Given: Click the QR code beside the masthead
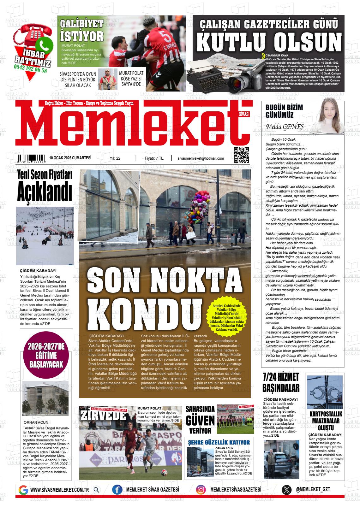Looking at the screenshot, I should pyautogui.click(x=241, y=155).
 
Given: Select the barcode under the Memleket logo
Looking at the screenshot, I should pyautogui.click(x=31, y=158).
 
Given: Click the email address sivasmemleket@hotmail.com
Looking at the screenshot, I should pyautogui.click(x=201, y=158).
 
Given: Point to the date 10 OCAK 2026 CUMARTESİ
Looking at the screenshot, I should pyautogui.click(x=70, y=158).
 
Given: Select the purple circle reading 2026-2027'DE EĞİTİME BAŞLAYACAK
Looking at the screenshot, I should pyautogui.click(x=46, y=355).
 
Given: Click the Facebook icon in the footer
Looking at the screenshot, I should pyautogui.click(x=117, y=490).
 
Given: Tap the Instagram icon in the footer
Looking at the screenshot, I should pyautogui.click(x=201, y=490).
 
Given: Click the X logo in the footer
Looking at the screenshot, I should pyautogui.click(x=286, y=490).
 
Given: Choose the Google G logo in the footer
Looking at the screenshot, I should pyautogui.click(x=23, y=490).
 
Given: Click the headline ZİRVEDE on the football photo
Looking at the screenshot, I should pyautogui.click(x=103, y=416).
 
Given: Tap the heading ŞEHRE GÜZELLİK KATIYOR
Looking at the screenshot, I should pyautogui.click(x=219, y=442).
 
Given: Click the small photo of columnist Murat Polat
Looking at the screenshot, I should pyautogui.click(x=107, y=79).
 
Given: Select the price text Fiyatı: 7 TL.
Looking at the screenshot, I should pyautogui.click(x=154, y=158).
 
